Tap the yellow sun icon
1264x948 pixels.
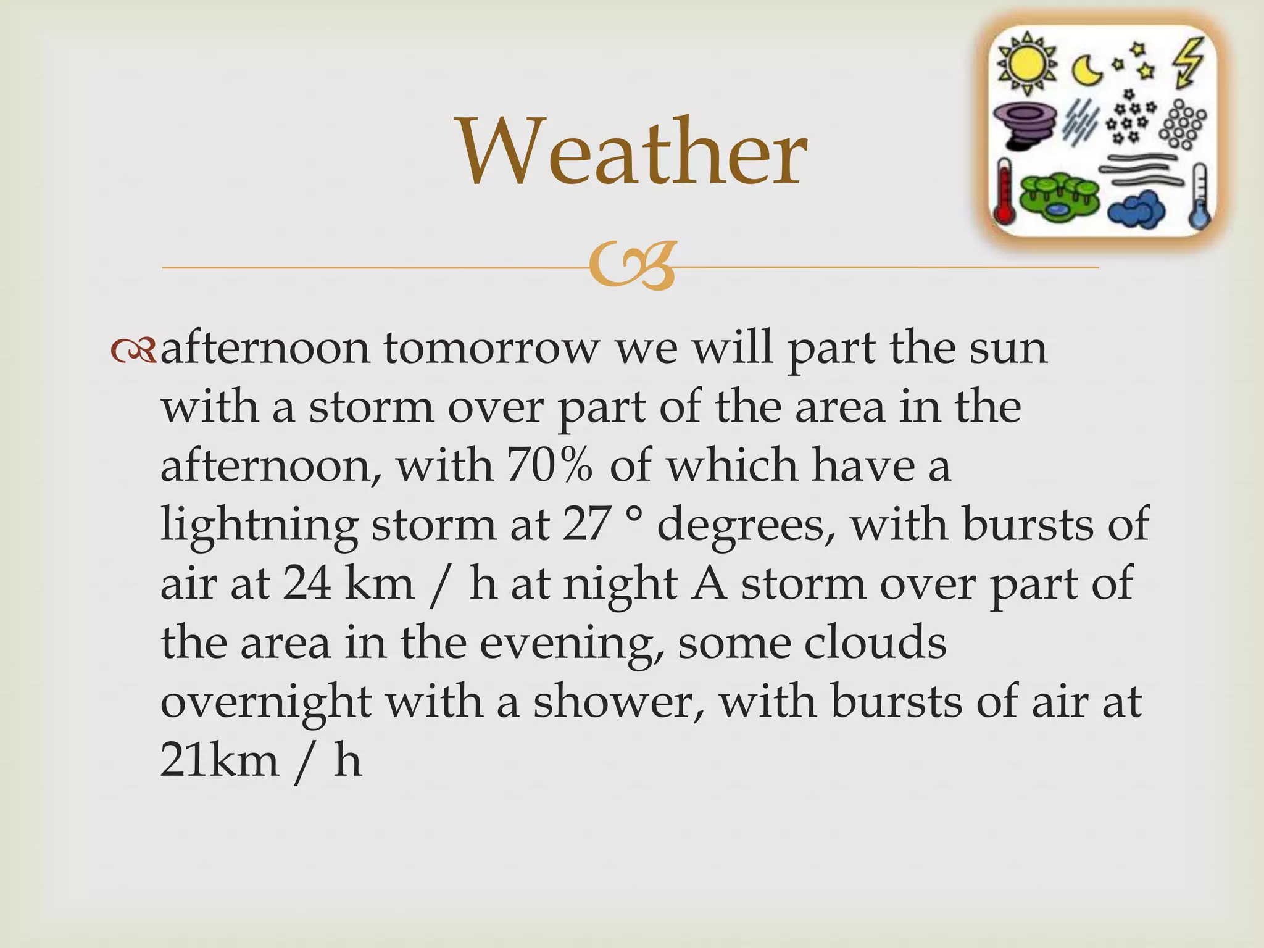1026,64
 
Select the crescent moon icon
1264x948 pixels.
1087,69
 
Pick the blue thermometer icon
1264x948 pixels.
1199,196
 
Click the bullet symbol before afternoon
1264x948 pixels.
132,351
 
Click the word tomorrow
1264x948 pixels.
491,348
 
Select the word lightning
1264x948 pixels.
259,525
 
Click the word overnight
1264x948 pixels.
266,703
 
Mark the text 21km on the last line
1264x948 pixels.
220,760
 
